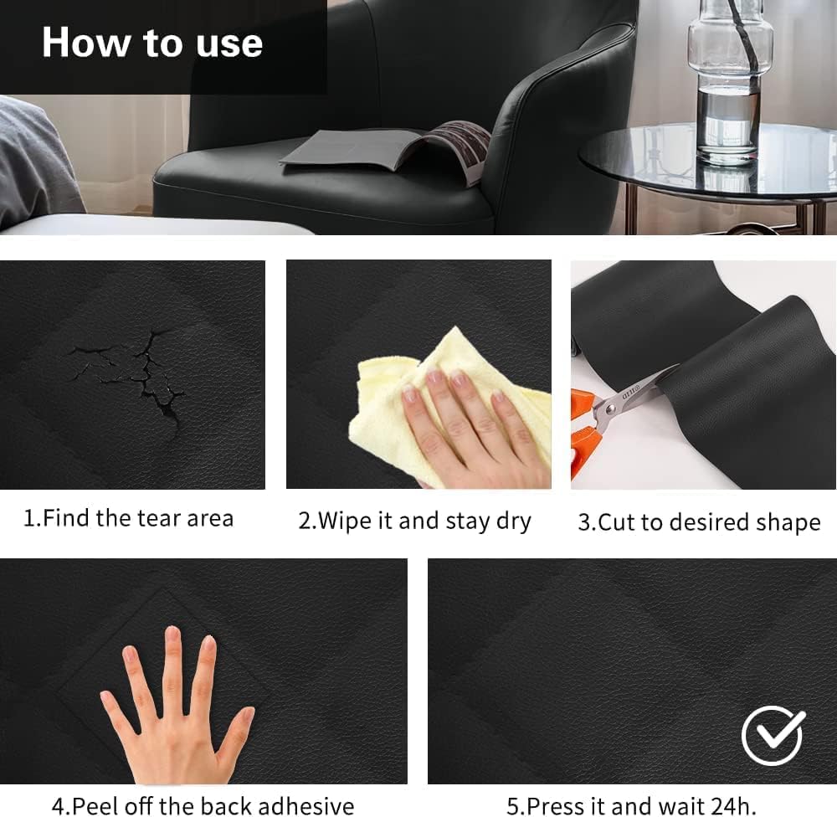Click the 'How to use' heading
[152, 43]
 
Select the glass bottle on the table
[727, 84]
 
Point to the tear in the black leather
[138, 373]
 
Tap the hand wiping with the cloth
[469, 427]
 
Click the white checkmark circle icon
[773, 736]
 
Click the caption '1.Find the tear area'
[128, 518]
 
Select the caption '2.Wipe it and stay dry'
[414, 521]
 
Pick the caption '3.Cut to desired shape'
[699, 522]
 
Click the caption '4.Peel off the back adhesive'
[203, 806]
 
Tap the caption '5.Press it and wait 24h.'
[631, 806]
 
